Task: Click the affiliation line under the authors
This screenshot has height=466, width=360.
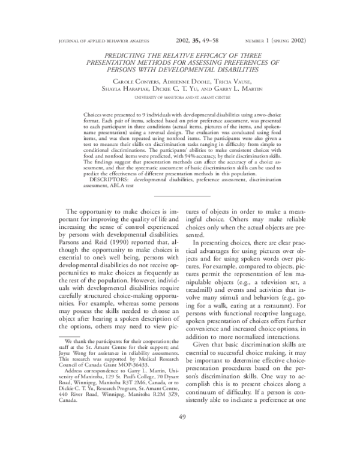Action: (x=180, y=96)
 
